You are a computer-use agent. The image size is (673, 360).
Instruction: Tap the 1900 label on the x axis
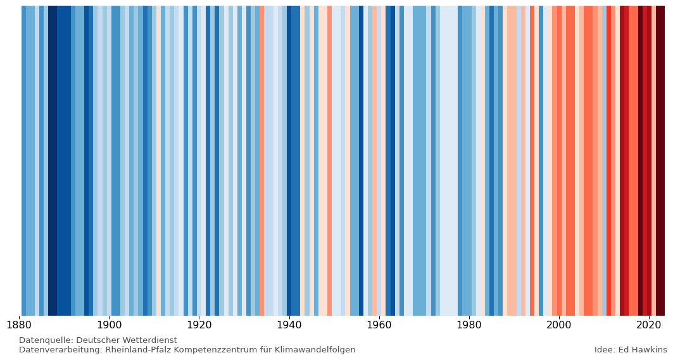click(109, 326)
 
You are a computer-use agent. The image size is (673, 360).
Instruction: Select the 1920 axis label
click(199, 326)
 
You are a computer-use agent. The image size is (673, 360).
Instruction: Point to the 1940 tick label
click(289, 326)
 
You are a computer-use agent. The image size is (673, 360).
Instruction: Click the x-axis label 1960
click(379, 326)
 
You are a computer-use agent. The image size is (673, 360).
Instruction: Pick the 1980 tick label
click(469, 326)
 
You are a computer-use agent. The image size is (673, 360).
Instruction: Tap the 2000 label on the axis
click(558, 326)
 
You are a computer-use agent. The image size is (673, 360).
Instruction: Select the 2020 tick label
click(648, 326)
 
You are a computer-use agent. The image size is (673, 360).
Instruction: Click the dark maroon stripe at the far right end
click(660, 158)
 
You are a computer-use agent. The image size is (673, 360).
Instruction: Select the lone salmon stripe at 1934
click(261, 158)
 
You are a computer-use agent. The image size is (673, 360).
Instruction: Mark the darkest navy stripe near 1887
click(53, 158)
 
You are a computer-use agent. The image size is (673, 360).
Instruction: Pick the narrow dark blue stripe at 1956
click(361, 158)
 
